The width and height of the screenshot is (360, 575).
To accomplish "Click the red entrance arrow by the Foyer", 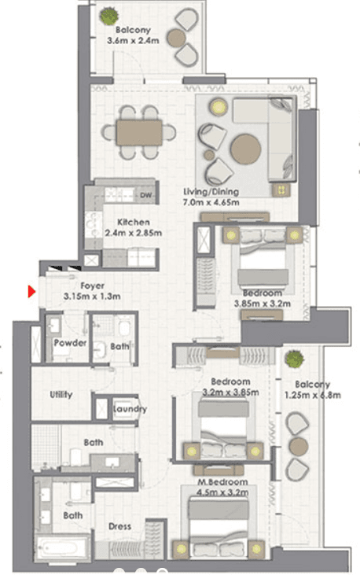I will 31,293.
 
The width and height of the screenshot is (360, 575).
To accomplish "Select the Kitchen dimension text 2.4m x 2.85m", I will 133,232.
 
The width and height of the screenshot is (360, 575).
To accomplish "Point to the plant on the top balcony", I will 107,15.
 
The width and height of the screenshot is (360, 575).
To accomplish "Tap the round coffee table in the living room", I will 245,147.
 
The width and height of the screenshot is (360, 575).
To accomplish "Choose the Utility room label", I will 61,394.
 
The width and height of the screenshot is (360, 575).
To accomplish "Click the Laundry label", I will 130,409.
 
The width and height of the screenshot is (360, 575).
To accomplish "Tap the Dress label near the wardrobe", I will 119,526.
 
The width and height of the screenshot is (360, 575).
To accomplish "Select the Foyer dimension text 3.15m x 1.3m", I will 92,297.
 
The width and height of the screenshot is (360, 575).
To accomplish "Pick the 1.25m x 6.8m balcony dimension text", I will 313,396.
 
